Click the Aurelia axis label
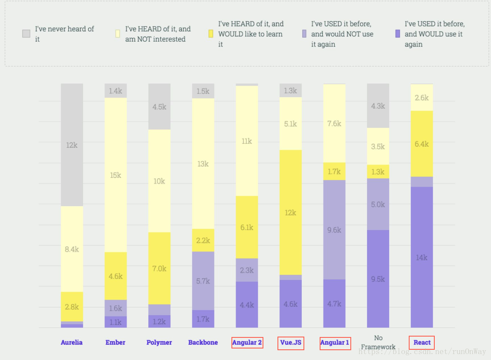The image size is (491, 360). coord(72,343)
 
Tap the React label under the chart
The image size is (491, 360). coord(422,343)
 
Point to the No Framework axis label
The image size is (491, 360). coord(378,343)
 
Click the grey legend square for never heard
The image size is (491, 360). coord(26,34)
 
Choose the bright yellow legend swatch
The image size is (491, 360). coord(211,34)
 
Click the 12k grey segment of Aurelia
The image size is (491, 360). coord(72,145)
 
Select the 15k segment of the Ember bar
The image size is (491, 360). coord(116,175)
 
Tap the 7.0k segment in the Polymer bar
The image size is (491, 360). coord(159,268)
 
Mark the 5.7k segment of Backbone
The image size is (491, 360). coord(203,281)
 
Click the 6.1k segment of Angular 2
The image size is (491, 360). coord(247,227)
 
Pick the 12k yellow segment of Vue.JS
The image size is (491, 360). coord(291,212)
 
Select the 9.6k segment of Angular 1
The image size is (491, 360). coord(334,230)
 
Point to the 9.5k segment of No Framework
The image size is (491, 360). coord(378,279)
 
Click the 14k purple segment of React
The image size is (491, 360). coord(422,257)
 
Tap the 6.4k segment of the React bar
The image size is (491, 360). coord(422,144)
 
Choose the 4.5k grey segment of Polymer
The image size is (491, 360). coord(159,107)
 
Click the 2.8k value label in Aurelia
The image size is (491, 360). coord(72,307)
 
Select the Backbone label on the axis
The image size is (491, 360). coord(203,343)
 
